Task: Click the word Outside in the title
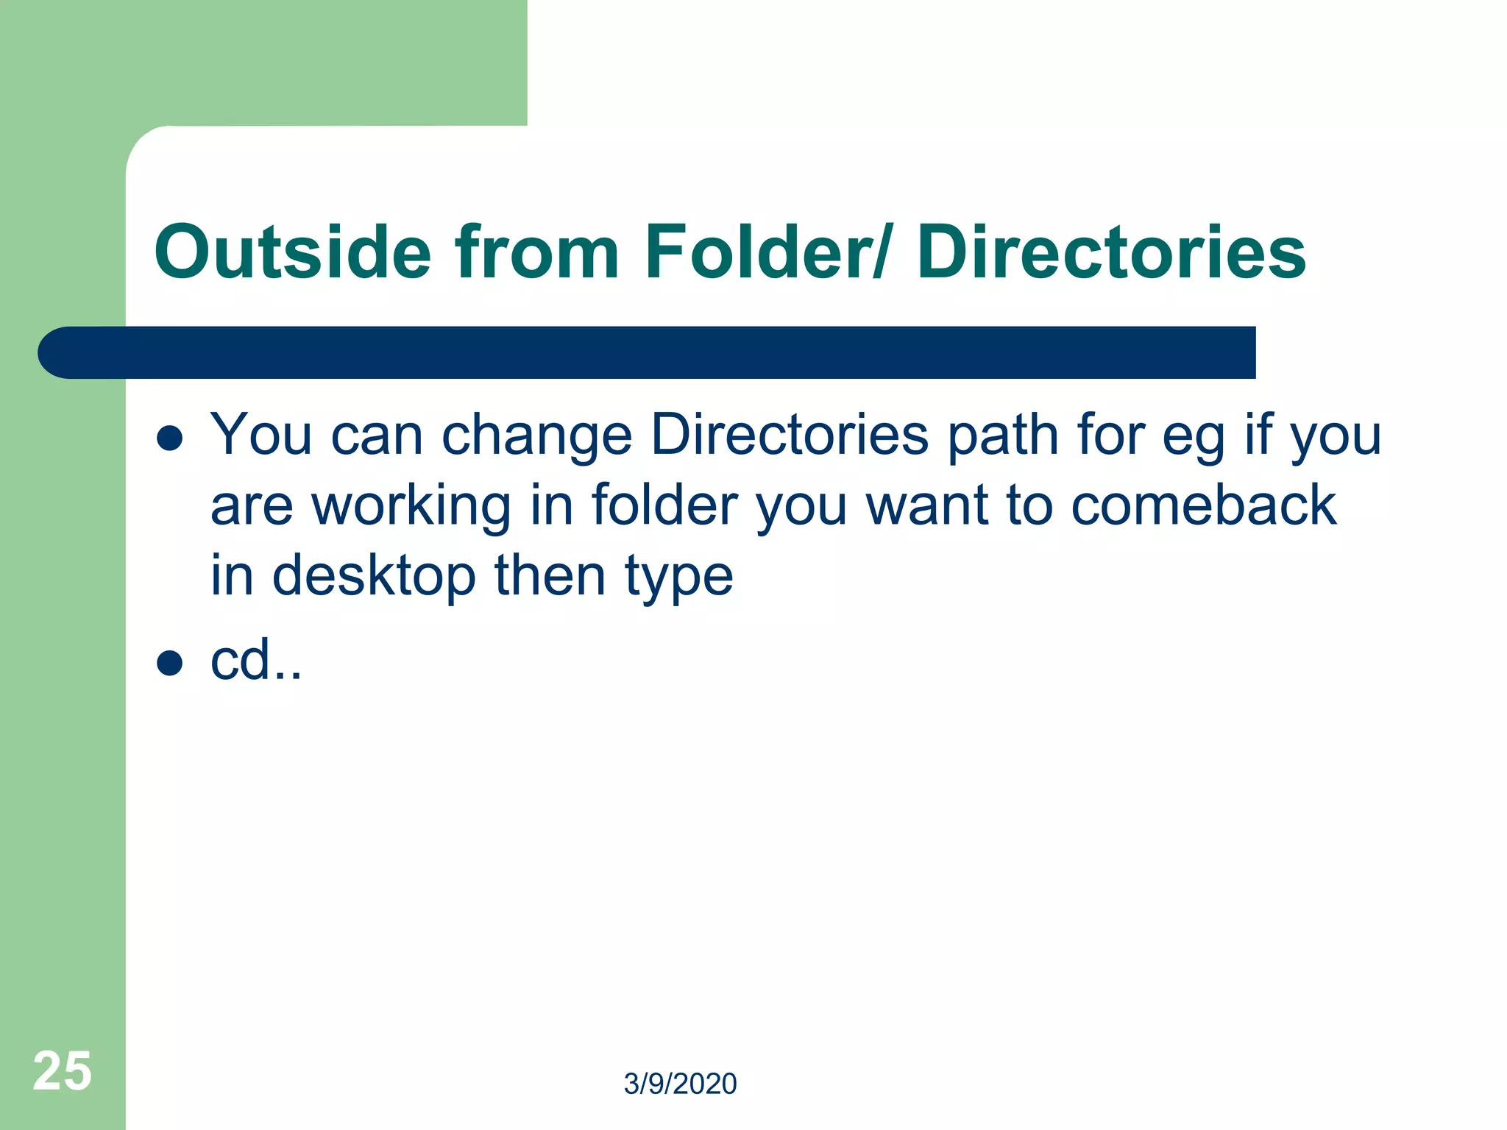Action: coord(292,252)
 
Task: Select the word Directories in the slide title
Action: coord(1111,252)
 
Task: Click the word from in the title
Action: coord(537,252)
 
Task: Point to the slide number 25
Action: coord(63,1071)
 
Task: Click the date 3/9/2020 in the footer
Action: coord(680,1084)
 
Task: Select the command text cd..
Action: coord(255,660)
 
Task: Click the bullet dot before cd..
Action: coord(170,663)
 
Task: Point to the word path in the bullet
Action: coord(1002,436)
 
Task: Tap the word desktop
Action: coord(374,576)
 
